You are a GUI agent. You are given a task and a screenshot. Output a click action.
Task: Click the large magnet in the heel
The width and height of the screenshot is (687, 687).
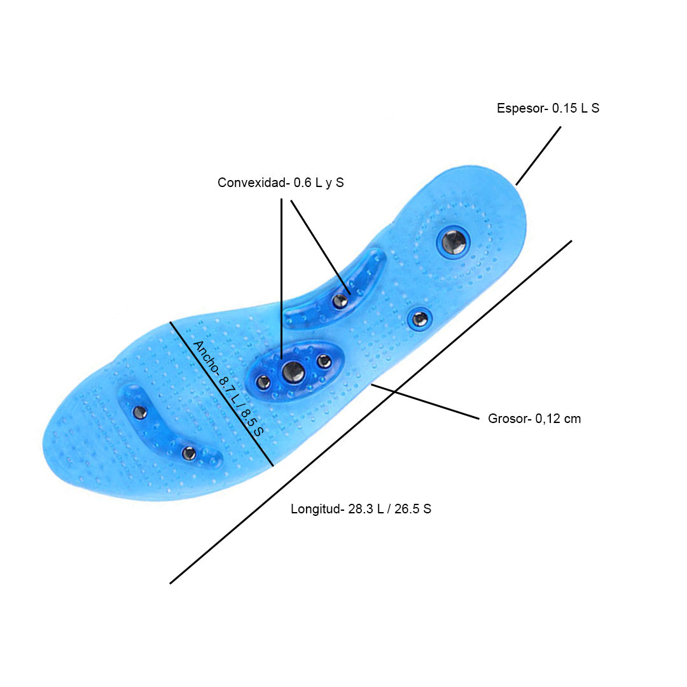(x=454, y=242)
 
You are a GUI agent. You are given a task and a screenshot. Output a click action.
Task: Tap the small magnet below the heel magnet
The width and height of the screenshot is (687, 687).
(x=419, y=319)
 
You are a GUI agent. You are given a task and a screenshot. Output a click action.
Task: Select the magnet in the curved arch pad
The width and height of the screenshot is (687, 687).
(x=340, y=301)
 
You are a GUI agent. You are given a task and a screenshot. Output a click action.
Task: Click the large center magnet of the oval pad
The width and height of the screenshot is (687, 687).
(x=293, y=371)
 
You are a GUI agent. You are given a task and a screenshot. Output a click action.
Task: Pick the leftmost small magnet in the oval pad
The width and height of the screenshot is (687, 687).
(x=263, y=382)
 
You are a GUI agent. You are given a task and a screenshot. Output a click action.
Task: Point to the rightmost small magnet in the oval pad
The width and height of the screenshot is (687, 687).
(x=324, y=361)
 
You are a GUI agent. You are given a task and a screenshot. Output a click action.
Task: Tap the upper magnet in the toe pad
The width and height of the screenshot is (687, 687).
(x=140, y=412)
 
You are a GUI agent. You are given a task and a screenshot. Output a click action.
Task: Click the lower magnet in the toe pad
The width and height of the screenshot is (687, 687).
(x=188, y=453)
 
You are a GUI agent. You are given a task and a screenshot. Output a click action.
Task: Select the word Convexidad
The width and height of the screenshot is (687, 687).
(x=253, y=183)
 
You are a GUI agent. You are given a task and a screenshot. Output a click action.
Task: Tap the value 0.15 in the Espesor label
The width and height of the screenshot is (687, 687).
(x=564, y=108)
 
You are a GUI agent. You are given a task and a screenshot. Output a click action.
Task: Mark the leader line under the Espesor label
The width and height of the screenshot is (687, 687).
(x=538, y=156)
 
